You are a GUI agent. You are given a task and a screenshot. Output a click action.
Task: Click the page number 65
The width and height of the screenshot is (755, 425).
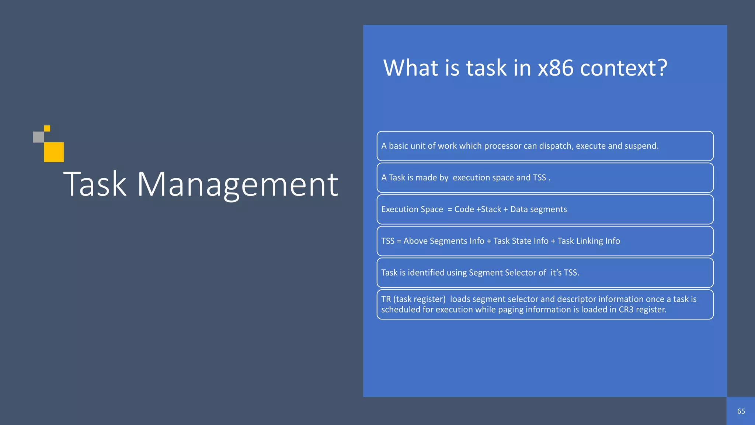click(x=741, y=411)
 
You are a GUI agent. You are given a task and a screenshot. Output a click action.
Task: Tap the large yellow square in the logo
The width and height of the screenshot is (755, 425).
click(x=54, y=152)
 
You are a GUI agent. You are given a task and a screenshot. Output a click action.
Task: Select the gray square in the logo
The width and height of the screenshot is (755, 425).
click(x=38, y=137)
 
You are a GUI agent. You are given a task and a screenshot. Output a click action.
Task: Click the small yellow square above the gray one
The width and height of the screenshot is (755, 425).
click(x=47, y=128)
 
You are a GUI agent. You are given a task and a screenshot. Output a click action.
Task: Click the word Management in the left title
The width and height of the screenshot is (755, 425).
click(x=237, y=184)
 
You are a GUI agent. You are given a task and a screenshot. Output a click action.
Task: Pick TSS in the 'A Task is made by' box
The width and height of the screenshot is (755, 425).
click(x=539, y=177)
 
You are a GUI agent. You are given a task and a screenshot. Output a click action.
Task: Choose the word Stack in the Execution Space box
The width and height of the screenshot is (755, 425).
click(x=491, y=209)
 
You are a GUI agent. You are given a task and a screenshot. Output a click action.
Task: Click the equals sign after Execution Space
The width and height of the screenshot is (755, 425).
click(x=450, y=209)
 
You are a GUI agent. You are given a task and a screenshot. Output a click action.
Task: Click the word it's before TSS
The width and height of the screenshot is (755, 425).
click(x=556, y=273)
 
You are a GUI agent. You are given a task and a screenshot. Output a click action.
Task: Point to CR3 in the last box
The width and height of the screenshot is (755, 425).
click(x=626, y=310)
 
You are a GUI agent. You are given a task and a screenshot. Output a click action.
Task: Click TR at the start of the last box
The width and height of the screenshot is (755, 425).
click(x=386, y=299)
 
